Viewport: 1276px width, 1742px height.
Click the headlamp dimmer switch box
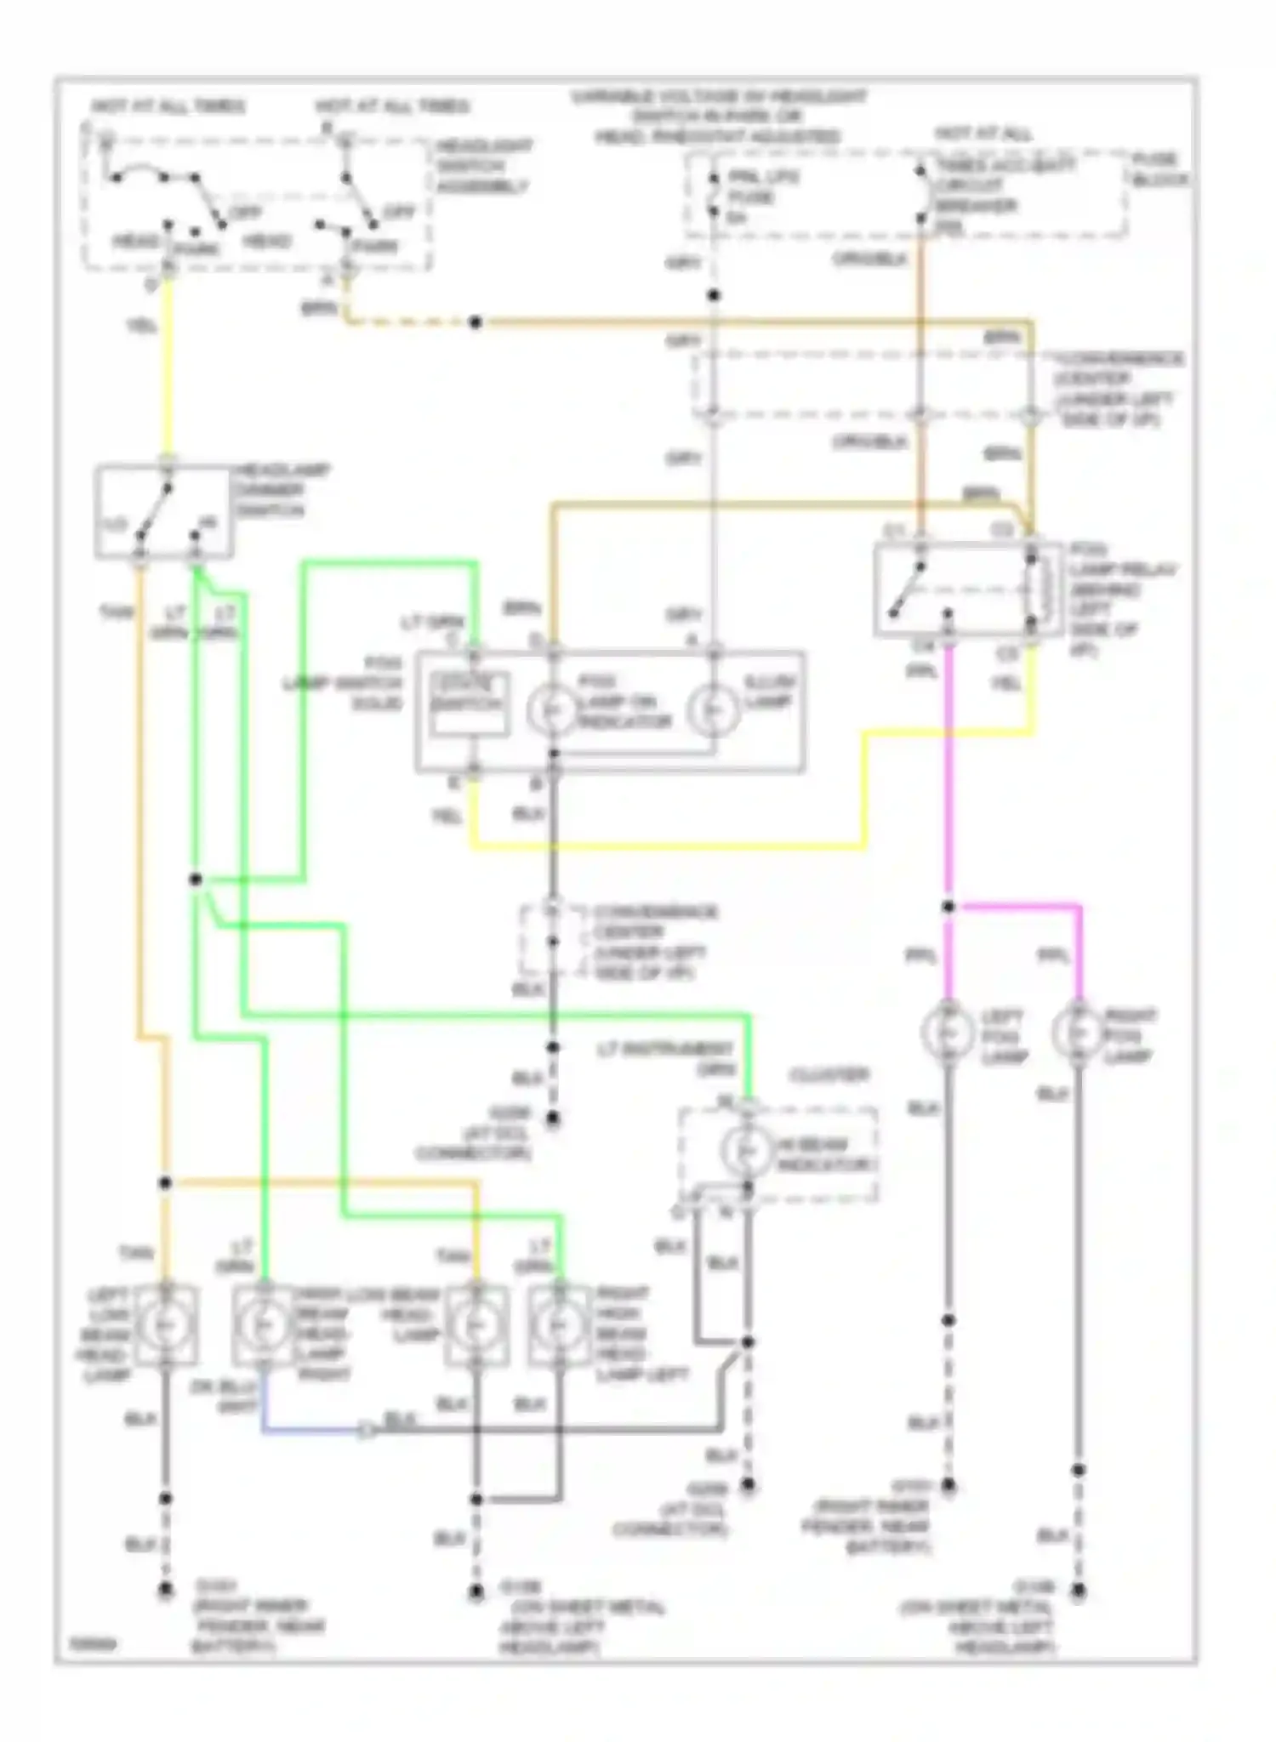(x=163, y=512)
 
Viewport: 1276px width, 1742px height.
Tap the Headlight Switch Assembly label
(x=484, y=166)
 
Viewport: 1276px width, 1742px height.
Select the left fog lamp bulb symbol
(x=948, y=1032)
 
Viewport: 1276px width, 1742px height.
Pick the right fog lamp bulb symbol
(x=1078, y=1032)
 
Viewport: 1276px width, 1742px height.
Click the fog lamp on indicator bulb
(x=552, y=710)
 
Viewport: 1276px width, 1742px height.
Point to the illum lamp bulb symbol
(x=713, y=710)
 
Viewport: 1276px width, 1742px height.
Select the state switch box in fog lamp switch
(x=469, y=703)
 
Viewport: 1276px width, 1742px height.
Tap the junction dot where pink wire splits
(x=948, y=907)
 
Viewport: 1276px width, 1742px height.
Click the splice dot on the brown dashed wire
(x=476, y=322)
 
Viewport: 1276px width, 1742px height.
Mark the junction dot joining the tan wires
(x=165, y=1183)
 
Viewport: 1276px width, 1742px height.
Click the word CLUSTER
(x=829, y=1075)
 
